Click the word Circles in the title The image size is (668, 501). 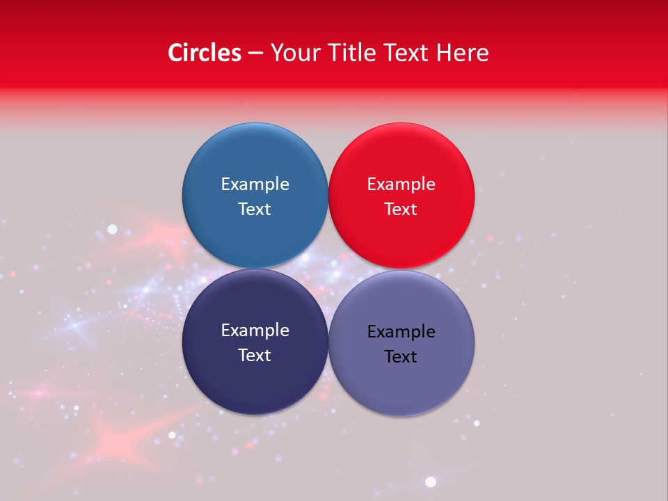[x=204, y=53]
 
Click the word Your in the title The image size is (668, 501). [x=293, y=53]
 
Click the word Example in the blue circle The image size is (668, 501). [x=255, y=184]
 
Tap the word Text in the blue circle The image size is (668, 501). [x=255, y=209]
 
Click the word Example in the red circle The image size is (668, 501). [x=401, y=184]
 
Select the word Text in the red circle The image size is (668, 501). [x=401, y=209]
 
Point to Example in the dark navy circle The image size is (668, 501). [x=255, y=330]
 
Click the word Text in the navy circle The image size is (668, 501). [x=255, y=355]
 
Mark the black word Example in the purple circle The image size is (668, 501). [x=401, y=331]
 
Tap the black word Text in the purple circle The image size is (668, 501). [x=401, y=356]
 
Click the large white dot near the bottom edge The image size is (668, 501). [x=431, y=482]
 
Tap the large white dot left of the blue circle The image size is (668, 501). [x=112, y=229]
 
